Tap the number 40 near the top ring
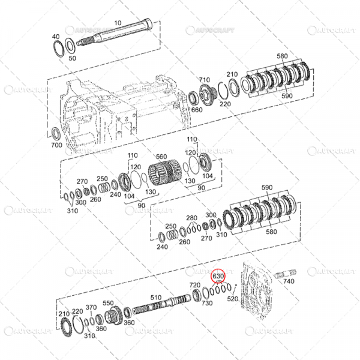tap(56, 36)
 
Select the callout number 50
tap(73, 58)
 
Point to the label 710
tap(205, 79)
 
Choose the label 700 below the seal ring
tap(56, 146)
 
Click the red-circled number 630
tap(218, 276)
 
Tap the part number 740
tap(289, 280)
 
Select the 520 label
tap(233, 298)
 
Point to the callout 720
tap(194, 285)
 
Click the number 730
tap(207, 303)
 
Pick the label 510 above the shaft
tap(156, 297)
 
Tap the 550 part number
tap(108, 303)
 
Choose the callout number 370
tap(91, 307)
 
